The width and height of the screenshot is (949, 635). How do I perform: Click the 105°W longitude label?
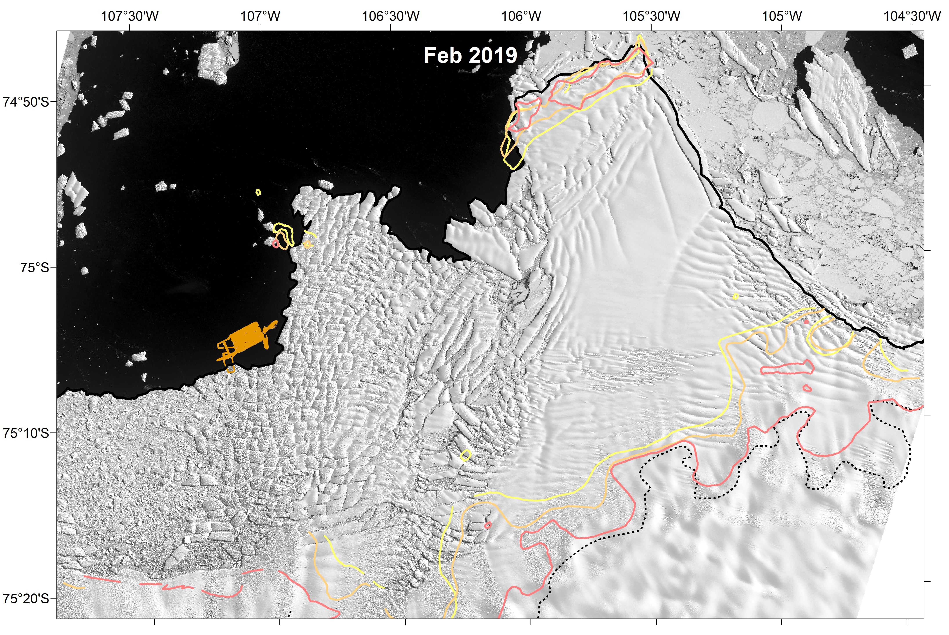coord(782,16)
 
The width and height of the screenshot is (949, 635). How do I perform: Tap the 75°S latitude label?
coord(34,267)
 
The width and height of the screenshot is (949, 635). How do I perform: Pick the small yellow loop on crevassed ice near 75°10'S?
coord(466,455)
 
